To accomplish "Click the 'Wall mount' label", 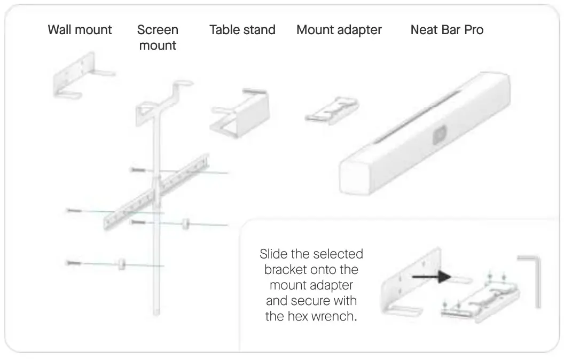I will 80,29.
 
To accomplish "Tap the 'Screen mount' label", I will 158,37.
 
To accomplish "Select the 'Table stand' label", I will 242,29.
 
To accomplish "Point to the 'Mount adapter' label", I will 339,29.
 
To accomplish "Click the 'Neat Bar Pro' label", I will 446,29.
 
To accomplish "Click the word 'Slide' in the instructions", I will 273,253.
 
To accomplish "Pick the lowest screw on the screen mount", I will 74,263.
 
